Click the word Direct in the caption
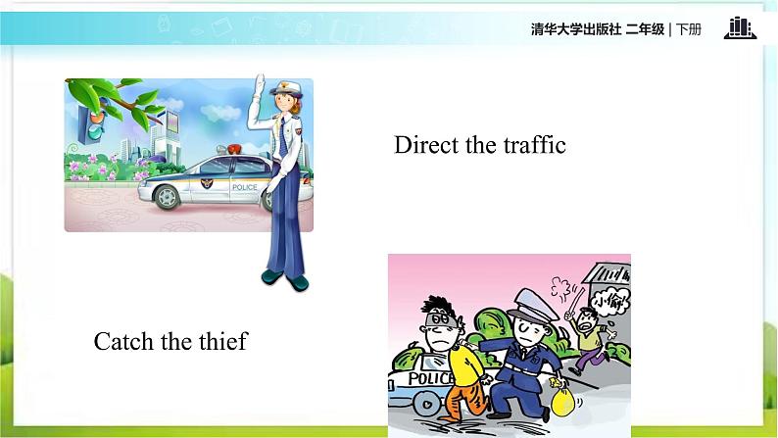tap(426, 145)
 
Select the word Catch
tap(124, 342)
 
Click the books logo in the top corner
tap(740, 27)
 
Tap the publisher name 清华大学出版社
tap(575, 29)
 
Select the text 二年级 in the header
tap(645, 29)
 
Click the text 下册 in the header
tap(688, 29)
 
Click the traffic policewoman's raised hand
tap(259, 84)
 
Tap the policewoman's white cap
tap(286, 88)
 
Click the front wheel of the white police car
tap(168, 196)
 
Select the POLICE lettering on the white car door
tap(245, 187)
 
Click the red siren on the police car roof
tap(234, 148)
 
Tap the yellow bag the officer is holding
tap(563, 402)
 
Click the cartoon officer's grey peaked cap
tap(532, 305)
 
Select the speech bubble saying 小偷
tap(609, 302)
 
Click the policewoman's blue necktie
tap(283, 137)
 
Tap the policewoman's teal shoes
tap(285, 280)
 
